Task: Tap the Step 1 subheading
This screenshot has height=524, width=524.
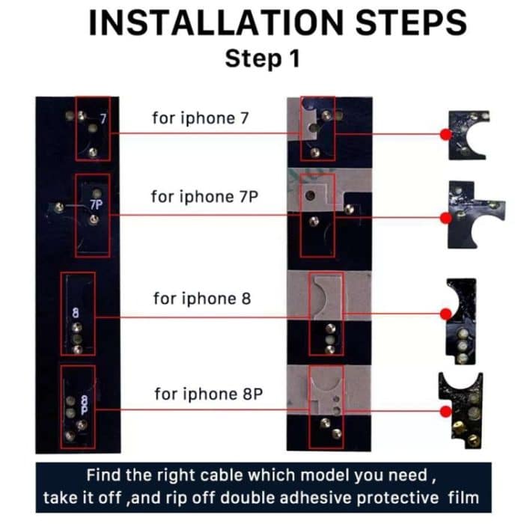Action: [x=262, y=58]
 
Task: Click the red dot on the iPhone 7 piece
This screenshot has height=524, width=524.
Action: [x=446, y=135]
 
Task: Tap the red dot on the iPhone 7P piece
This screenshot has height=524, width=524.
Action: [x=446, y=217]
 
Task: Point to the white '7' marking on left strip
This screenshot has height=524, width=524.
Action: [x=104, y=119]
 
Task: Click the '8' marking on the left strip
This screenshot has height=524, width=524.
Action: [x=76, y=313]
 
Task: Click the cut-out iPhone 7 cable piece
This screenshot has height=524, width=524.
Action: [x=468, y=135]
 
